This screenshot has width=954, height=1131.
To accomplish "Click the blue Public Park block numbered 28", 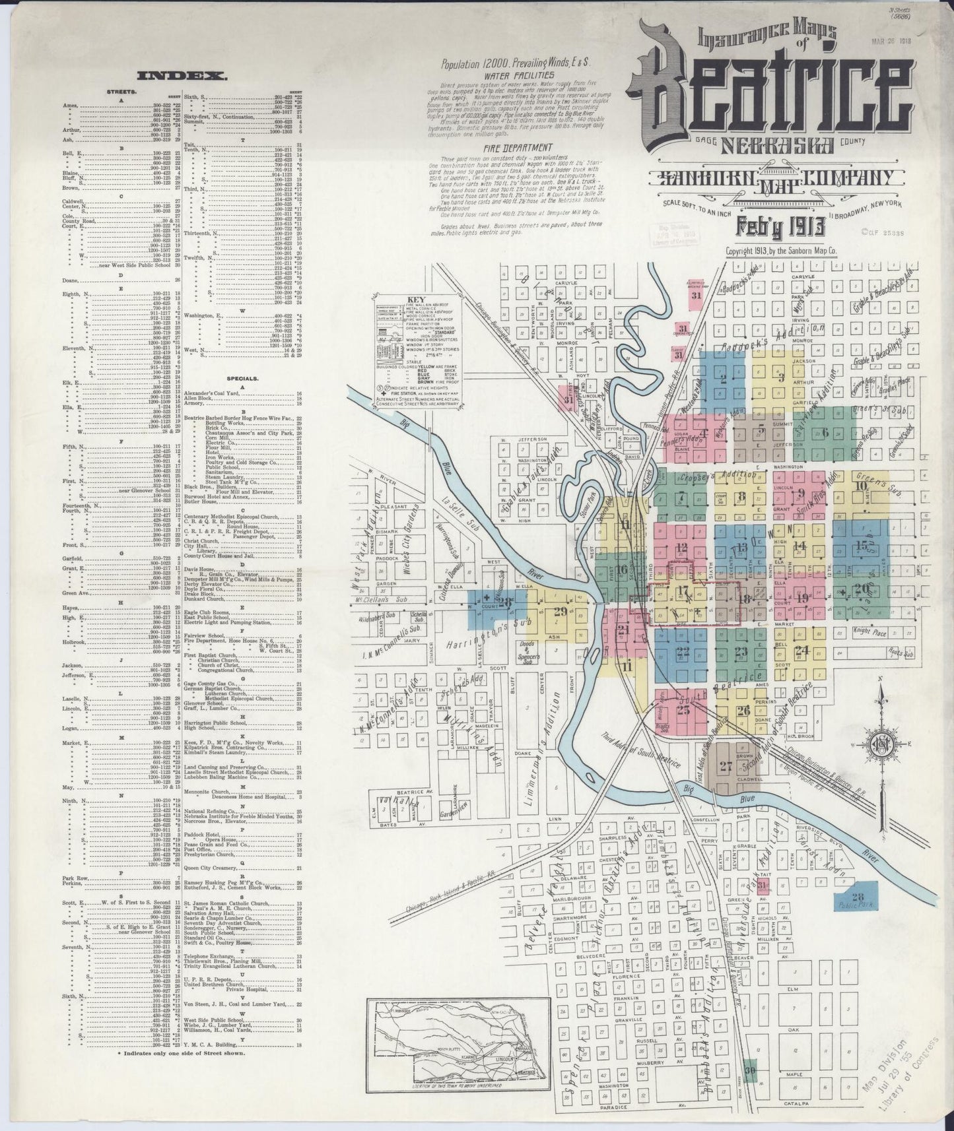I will point(858,897).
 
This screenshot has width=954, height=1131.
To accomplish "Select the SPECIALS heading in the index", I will point(240,379).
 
